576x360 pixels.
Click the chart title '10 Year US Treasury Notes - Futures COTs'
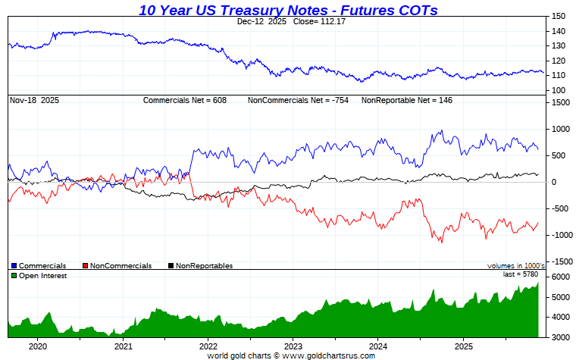pyautogui.click(x=288, y=10)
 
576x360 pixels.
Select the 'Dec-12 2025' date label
pyautogui.click(x=258, y=22)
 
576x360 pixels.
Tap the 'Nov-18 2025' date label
pyautogui.click(x=34, y=100)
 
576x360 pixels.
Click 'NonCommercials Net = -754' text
pyautogui.click(x=298, y=100)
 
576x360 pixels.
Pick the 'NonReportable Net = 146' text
pyautogui.click(x=406, y=100)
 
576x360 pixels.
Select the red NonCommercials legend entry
pyautogui.click(x=121, y=266)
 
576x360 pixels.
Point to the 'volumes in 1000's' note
pyautogui.click(x=516, y=266)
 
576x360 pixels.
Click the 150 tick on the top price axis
pyautogui.click(x=558, y=16)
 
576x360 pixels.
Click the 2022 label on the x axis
pyautogui.click(x=208, y=346)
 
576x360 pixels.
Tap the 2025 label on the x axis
pyautogui.click(x=463, y=346)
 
